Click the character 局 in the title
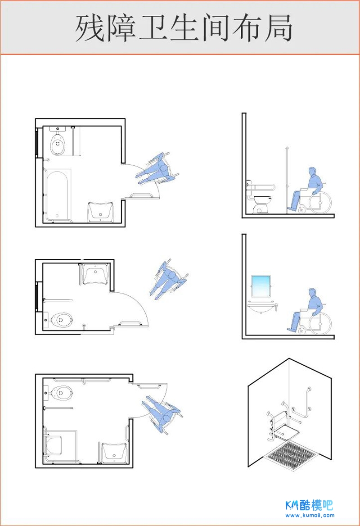(x=278, y=28)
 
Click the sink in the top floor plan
(x=100, y=212)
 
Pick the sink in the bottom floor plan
(x=114, y=452)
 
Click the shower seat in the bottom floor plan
(x=53, y=445)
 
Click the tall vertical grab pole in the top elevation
(x=287, y=180)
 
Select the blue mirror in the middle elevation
(x=261, y=286)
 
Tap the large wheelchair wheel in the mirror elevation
(x=320, y=323)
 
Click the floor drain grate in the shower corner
(x=291, y=454)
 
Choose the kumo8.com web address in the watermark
(x=310, y=515)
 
